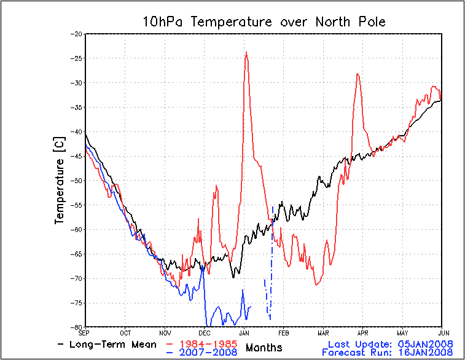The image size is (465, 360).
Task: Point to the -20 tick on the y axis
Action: point(78,34)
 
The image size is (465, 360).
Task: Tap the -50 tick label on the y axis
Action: point(78,181)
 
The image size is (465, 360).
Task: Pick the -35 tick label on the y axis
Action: point(78,108)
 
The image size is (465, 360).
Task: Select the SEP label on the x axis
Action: point(86,332)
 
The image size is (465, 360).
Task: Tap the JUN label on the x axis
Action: point(441,332)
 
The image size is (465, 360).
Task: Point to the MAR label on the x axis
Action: point(322,332)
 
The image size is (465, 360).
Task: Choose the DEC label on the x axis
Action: point(205,332)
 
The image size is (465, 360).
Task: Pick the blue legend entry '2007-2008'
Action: point(206,352)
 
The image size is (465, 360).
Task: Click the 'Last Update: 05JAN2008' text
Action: point(391,343)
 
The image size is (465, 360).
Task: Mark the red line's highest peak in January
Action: point(246,52)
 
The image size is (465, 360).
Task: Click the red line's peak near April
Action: point(357,74)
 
